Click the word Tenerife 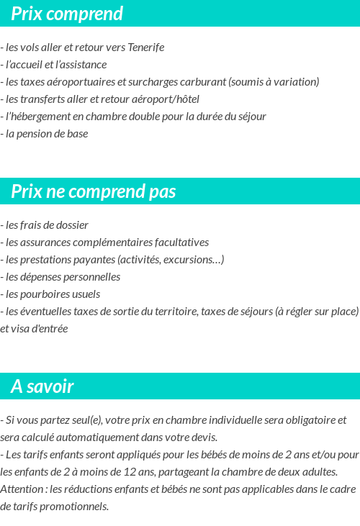tap(145, 47)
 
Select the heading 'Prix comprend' tap(67, 14)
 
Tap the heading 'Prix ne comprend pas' tap(93, 191)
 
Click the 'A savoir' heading tap(42, 386)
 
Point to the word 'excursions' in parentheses tap(194, 260)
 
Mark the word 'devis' tap(202, 437)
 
